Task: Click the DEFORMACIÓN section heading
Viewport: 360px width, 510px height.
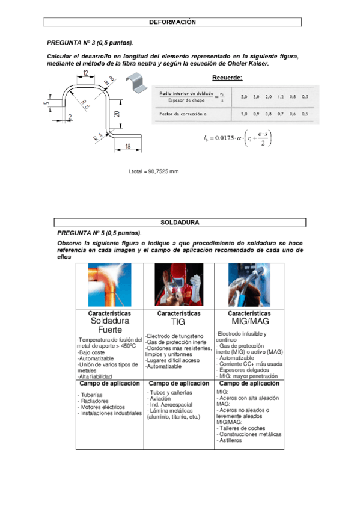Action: [172, 22]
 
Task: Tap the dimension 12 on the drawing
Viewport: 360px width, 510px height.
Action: [85, 73]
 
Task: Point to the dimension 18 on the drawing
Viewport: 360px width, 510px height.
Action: [128, 146]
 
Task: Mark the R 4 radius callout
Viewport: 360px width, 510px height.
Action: [97, 137]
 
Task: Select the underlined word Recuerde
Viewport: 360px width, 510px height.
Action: [227, 78]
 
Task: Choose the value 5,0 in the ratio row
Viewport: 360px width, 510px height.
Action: [244, 96]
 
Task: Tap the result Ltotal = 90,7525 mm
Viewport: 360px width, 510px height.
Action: [154, 171]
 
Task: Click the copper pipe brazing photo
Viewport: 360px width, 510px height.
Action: [109, 286]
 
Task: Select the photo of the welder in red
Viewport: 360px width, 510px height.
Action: [178, 286]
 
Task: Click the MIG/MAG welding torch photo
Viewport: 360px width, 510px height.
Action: [249, 286]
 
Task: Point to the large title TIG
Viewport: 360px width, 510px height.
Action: [178, 323]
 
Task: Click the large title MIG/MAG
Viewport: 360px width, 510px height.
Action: [249, 323]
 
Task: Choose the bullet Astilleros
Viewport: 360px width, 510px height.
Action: [231, 440]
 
